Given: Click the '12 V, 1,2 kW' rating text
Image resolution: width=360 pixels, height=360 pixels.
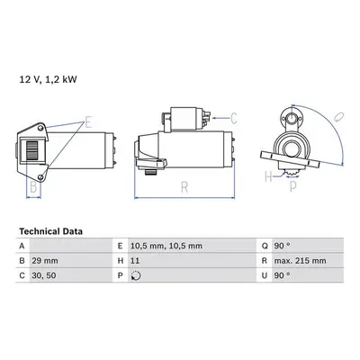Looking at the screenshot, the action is [x=48, y=79].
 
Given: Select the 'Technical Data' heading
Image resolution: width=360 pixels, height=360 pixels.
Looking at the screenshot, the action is [x=50, y=231].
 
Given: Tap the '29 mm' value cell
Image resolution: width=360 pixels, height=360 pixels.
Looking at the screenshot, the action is [x=45, y=261].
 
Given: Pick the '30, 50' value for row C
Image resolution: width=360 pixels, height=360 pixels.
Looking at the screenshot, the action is [x=44, y=275].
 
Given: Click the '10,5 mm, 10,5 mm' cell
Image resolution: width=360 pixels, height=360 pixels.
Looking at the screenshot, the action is [x=166, y=247].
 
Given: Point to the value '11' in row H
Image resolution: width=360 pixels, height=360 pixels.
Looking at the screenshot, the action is [x=135, y=261].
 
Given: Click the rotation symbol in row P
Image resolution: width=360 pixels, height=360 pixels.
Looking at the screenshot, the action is [x=136, y=275].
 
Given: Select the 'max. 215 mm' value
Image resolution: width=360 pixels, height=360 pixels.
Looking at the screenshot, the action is [x=300, y=261].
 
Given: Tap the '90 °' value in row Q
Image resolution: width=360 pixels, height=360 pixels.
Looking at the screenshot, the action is [x=282, y=246].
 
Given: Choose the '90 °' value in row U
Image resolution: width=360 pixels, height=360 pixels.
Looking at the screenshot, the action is [x=282, y=275].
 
